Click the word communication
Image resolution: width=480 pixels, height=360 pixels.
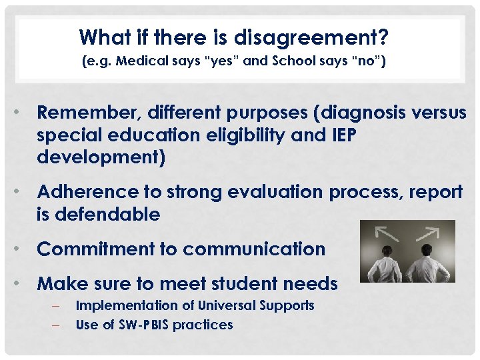254,249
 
